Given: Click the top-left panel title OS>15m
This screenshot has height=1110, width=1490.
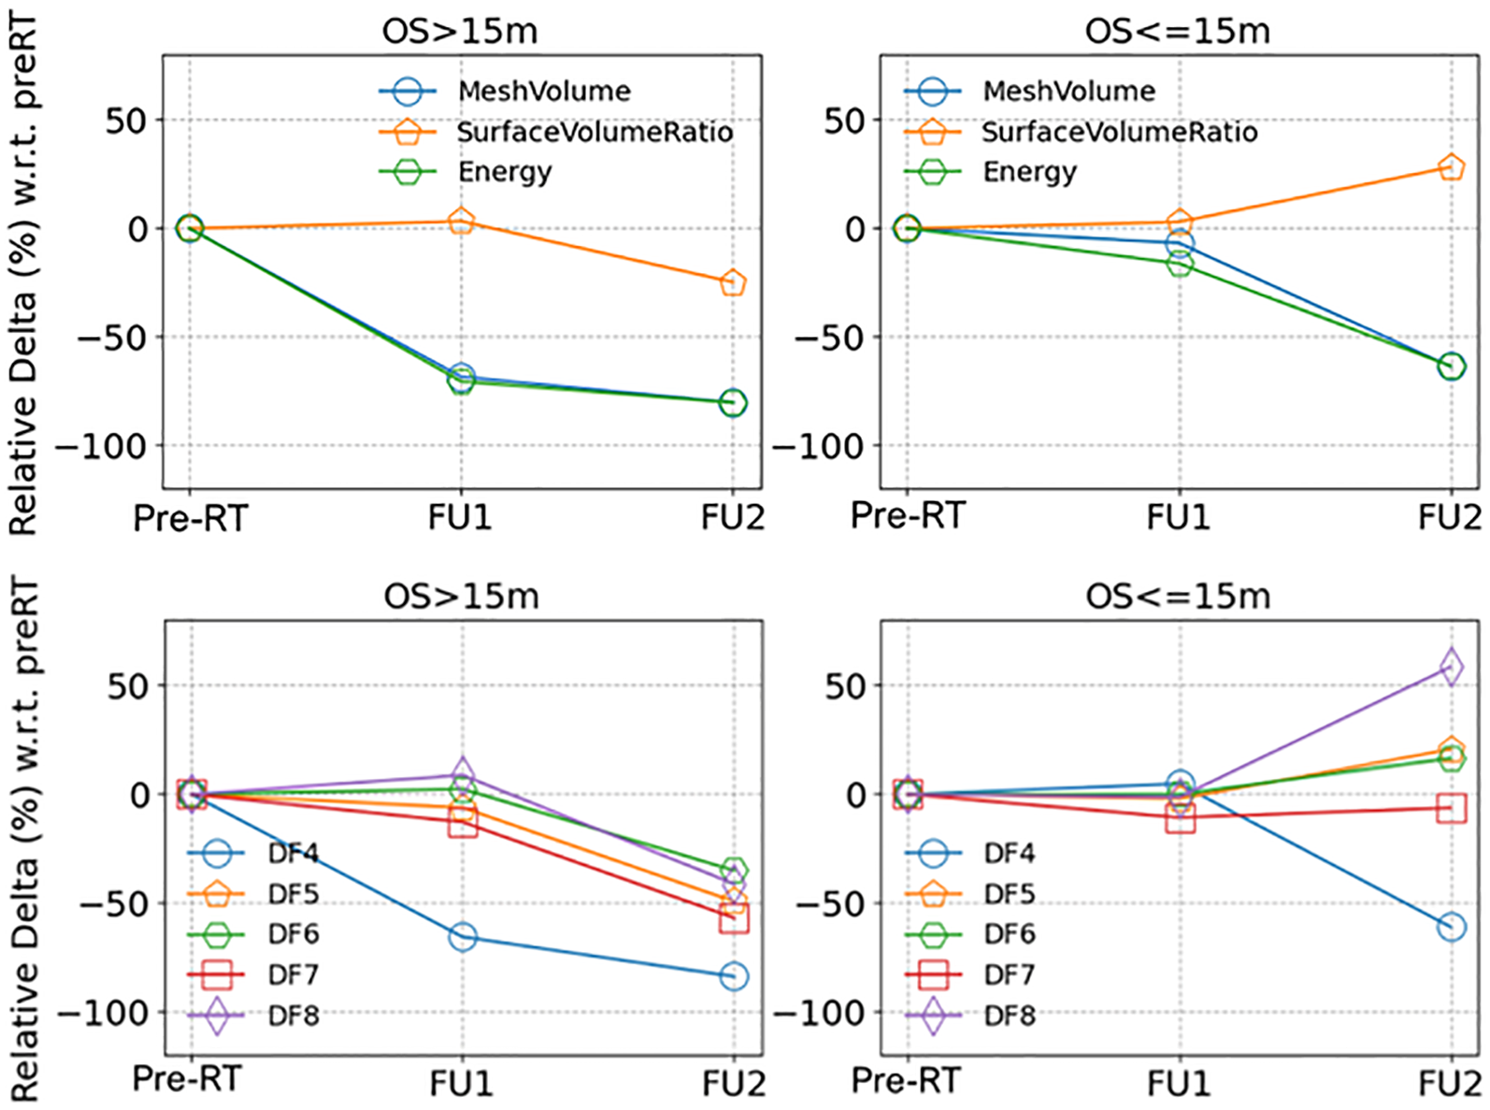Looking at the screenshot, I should point(460,32).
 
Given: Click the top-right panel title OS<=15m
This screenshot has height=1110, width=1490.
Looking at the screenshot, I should point(1177,32).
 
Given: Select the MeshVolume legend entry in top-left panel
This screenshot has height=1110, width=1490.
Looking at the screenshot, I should point(544,92).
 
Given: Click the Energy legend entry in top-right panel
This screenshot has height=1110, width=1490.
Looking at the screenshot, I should point(1029,172).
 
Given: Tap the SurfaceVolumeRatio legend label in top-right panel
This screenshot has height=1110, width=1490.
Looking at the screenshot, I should point(1119,133).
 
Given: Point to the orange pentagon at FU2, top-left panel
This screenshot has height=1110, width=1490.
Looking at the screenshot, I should point(733,282).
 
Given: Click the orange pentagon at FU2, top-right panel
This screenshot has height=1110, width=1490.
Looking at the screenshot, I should point(1451,167).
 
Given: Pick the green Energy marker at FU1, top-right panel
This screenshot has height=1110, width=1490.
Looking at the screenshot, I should point(1180,265).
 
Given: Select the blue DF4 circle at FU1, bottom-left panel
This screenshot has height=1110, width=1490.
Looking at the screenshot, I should point(463,937).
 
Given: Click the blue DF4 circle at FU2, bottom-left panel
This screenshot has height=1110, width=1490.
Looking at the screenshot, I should point(734,976).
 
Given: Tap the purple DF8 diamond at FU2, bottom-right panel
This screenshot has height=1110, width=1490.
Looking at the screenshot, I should point(1451,667).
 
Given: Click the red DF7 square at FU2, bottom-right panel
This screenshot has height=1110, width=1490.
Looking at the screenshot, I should point(1451,808).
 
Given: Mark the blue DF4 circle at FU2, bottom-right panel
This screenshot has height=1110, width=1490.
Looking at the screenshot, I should point(1451,927).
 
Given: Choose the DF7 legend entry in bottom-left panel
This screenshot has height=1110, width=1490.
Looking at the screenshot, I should point(293,975).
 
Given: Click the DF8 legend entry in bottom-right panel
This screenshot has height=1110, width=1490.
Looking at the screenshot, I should point(1010,1016).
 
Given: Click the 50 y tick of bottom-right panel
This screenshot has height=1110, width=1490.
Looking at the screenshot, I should point(846,685).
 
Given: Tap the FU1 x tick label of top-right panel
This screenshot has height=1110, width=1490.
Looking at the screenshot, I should point(1178,517).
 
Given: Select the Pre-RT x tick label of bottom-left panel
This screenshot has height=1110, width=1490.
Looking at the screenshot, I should point(187,1079).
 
